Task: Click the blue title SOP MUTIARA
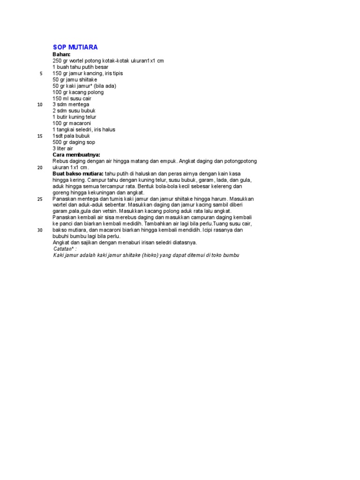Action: click(75, 47)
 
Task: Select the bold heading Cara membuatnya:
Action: click(76, 155)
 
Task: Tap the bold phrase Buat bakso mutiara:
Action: click(78, 173)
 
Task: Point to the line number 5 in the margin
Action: click(41, 74)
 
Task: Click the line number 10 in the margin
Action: click(40, 105)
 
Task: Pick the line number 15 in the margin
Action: click(40, 136)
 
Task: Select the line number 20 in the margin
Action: click(40, 167)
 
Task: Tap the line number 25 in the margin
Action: click(40, 199)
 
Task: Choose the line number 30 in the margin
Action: click(40, 230)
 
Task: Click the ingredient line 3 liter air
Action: click(63, 148)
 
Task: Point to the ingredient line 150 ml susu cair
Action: click(72, 98)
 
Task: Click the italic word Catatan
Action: click(64, 249)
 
